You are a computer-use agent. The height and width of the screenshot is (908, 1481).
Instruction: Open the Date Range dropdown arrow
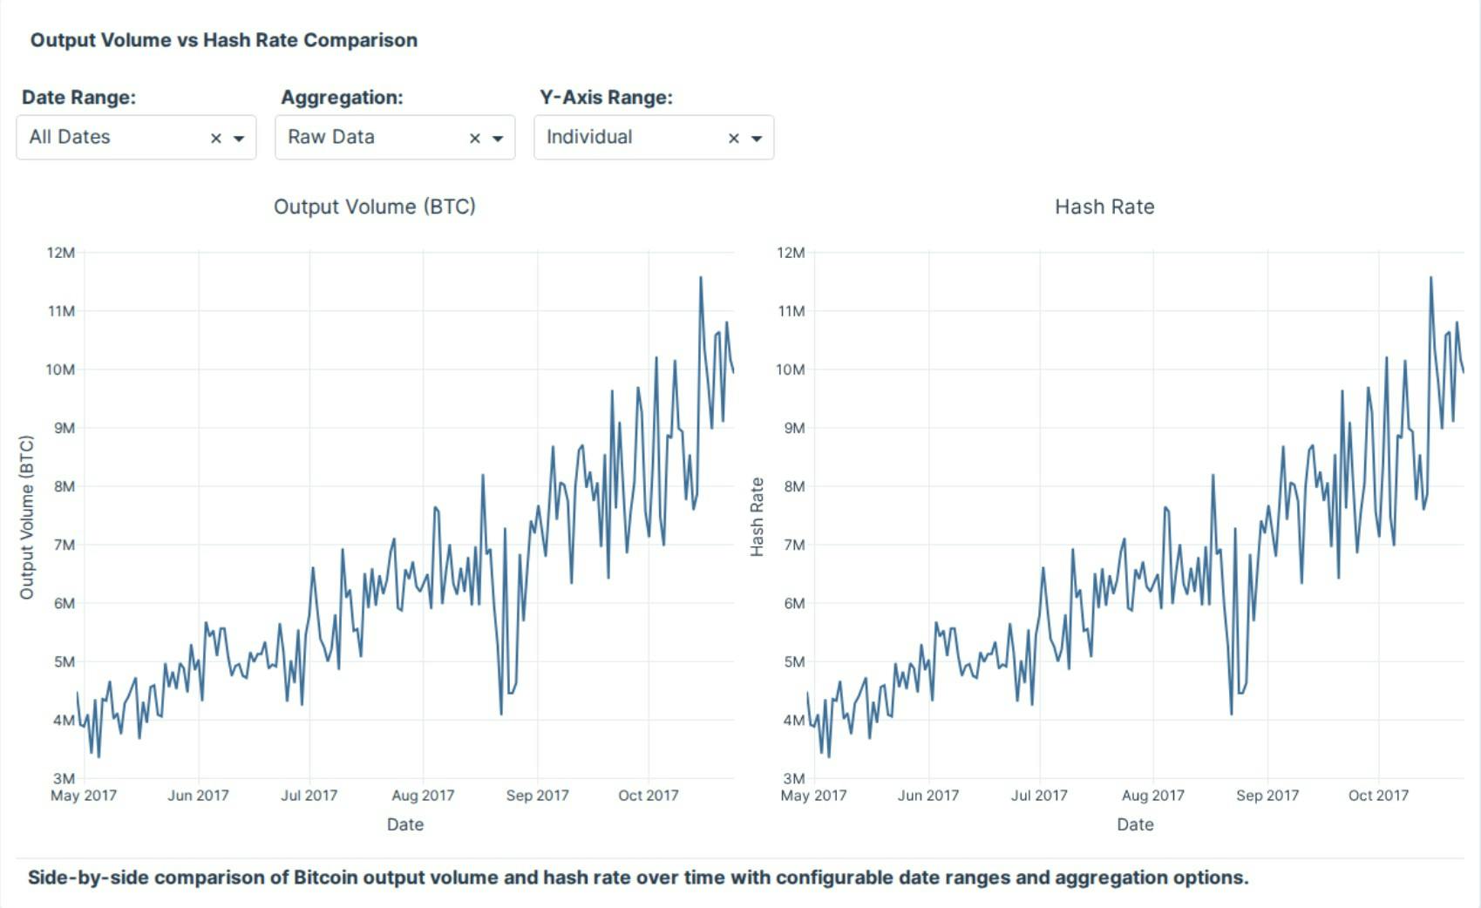pyautogui.click(x=238, y=138)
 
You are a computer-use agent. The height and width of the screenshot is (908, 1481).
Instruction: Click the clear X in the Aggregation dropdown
pyautogui.click(x=475, y=138)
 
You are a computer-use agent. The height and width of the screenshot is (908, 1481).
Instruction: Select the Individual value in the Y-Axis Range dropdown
pyautogui.click(x=589, y=137)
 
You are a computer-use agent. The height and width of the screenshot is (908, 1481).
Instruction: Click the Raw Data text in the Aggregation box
pyautogui.click(x=331, y=137)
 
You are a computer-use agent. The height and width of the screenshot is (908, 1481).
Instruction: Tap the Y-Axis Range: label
pyautogui.click(x=606, y=97)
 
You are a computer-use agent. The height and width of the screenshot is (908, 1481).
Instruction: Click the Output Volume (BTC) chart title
pyautogui.click(x=375, y=207)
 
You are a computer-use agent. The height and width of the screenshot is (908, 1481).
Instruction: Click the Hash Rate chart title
pyautogui.click(x=1104, y=207)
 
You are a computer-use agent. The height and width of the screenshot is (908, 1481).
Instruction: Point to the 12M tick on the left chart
pyautogui.click(x=61, y=253)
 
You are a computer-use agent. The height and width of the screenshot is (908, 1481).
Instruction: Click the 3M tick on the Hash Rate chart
pyautogui.click(x=793, y=778)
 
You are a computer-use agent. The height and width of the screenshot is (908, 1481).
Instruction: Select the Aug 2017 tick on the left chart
pyautogui.click(x=423, y=795)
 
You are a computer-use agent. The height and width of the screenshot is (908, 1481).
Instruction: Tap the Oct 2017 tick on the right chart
pyautogui.click(x=1378, y=795)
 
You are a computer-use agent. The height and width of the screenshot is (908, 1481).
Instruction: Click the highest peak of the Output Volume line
pyautogui.click(x=701, y=279)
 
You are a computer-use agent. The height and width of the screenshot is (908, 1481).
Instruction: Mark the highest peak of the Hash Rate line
pyautogui.click(x=1430, y=279)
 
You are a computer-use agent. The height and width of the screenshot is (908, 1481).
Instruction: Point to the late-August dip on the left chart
pyautogui.click(x=501, y=713)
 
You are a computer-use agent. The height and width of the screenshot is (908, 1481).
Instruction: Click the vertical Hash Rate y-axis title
pyautogui.click(x=757, y=517)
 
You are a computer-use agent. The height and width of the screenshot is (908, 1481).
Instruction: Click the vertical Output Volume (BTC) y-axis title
pyautogui.click(x=27, y=517)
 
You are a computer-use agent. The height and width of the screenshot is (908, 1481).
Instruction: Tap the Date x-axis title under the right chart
pyautogui.click(x=1135, y=824)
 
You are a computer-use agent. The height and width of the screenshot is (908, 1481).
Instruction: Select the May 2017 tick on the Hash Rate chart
pyautogui.click(x=813, y=795)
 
